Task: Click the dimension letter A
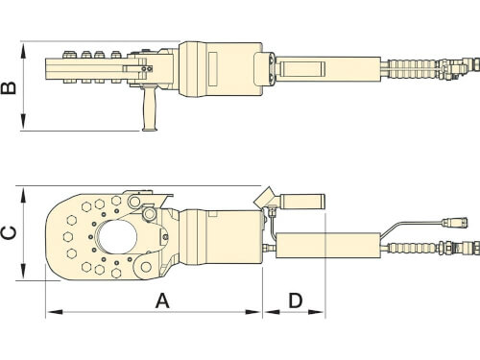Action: point(162,301)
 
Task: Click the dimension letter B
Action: point(9,87)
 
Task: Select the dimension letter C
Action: point(9,233)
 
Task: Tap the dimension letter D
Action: point(295,300)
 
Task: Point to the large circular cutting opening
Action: point(117,237)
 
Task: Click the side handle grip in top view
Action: point(150,108)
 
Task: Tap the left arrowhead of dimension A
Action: point(55,312)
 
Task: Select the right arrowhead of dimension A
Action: point(253,312)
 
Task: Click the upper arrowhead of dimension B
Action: point(23,52)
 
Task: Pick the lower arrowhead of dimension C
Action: point(23,272)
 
